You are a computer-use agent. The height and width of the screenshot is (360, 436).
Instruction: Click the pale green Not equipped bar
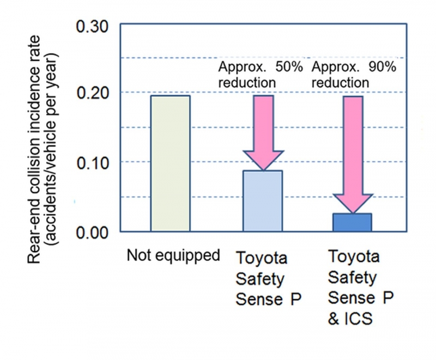pos(170,163)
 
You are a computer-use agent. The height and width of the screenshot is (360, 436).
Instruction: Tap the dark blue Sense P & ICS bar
pos(353,222)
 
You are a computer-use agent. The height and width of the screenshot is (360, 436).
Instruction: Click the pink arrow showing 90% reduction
pos(353,152)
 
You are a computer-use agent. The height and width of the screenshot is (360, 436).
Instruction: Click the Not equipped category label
pos(173,255)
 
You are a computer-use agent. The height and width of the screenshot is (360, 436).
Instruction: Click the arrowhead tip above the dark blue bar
pos(353,212)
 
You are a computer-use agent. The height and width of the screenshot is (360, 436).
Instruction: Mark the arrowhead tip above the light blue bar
pos(263,169)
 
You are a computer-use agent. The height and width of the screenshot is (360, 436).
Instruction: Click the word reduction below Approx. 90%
pos(340,83)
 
